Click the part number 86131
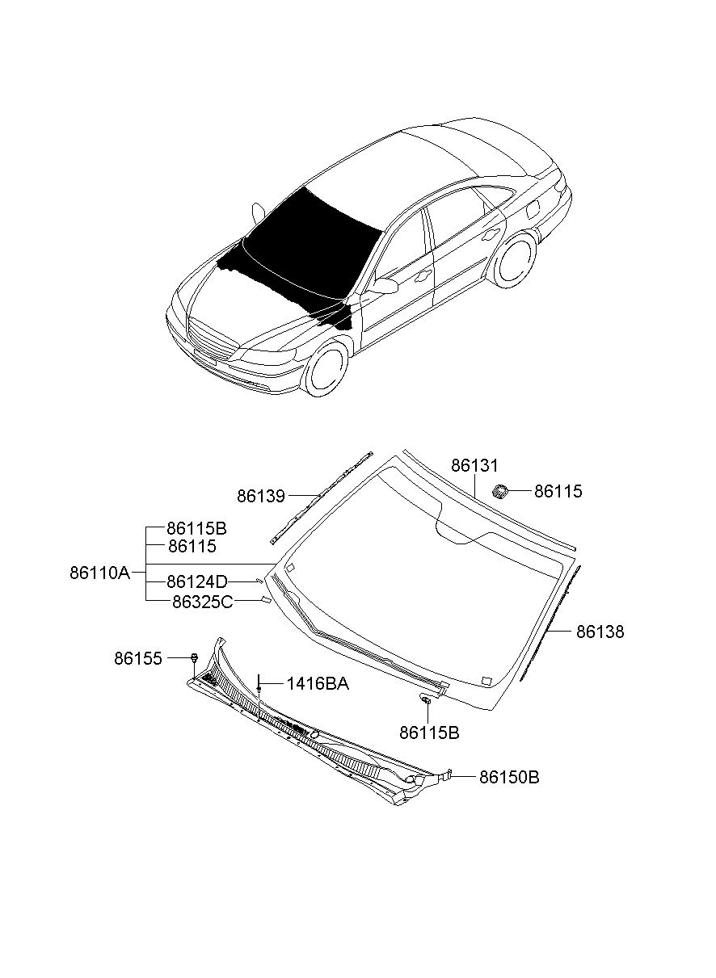pos(474,466)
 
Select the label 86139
pos(261,497)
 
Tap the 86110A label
pos(100,573)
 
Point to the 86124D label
pos(197,582)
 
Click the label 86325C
pos(203,602)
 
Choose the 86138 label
pos(600,632)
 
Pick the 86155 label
pos(138,658)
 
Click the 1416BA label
pos(318,684)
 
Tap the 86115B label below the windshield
pos(429,733)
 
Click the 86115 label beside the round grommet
pos(558,492)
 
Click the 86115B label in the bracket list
pos(196,529)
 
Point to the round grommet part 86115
pos(499,491)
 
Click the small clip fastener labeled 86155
pos(195,657)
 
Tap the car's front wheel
pos(326,369)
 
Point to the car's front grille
pos(209,340)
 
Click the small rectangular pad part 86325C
pos(266,600)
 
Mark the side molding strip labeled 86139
pos(322,497)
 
